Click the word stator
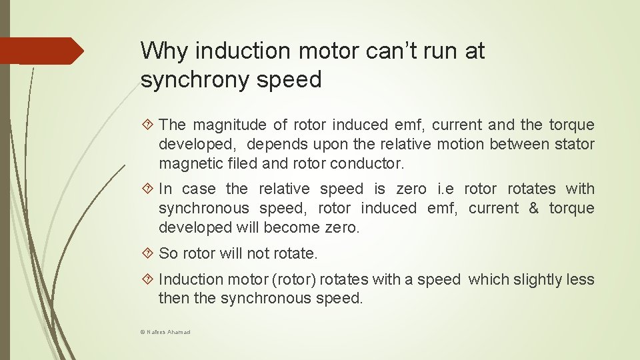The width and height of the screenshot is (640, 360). coord(574,144)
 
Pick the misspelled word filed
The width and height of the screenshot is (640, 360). coord(239,163)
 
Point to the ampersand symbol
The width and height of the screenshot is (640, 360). coord(533,208)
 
